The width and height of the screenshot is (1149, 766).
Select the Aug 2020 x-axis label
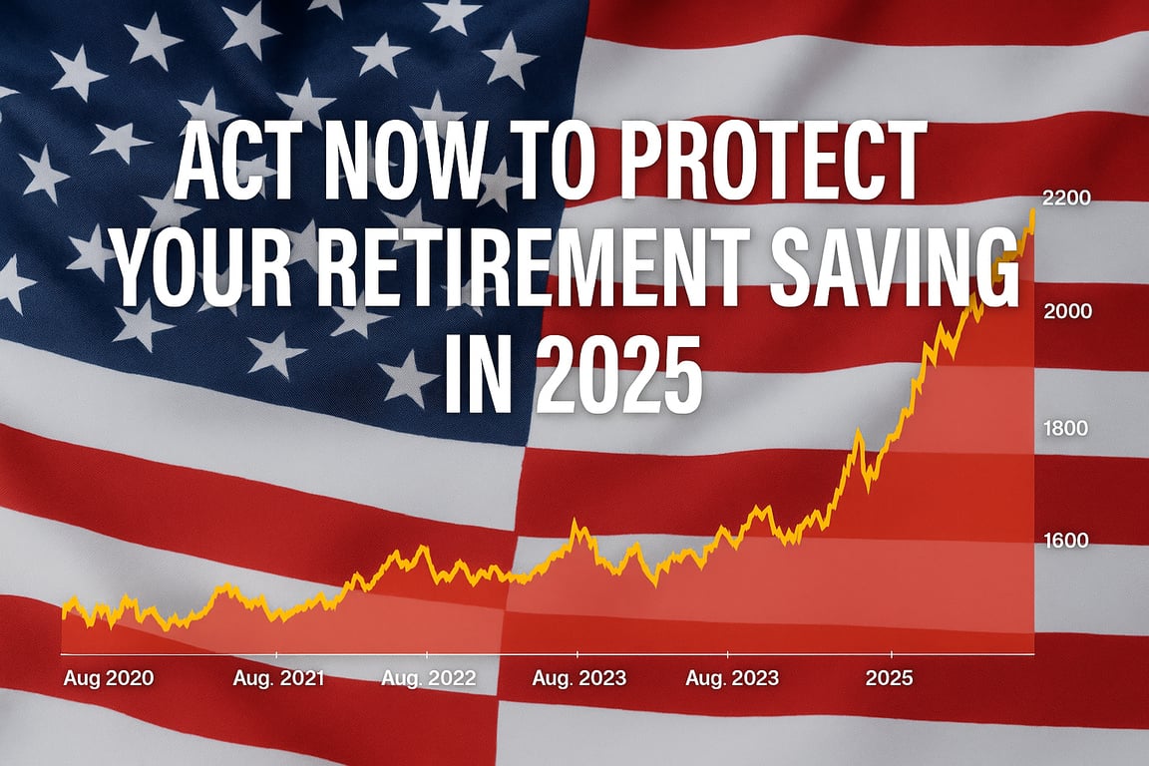click(108, 678)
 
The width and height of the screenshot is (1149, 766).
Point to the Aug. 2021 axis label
click(278, 678)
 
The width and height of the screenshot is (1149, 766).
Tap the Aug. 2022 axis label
click(429, 678)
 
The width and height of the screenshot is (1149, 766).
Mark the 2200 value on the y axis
click(1065, 197)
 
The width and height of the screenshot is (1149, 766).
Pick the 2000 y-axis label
click(1065, 310)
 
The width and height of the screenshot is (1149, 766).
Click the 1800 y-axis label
click(1065, 429)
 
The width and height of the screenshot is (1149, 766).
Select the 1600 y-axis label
click(1065, 541)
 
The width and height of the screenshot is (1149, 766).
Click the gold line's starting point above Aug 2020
click(64, 612)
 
